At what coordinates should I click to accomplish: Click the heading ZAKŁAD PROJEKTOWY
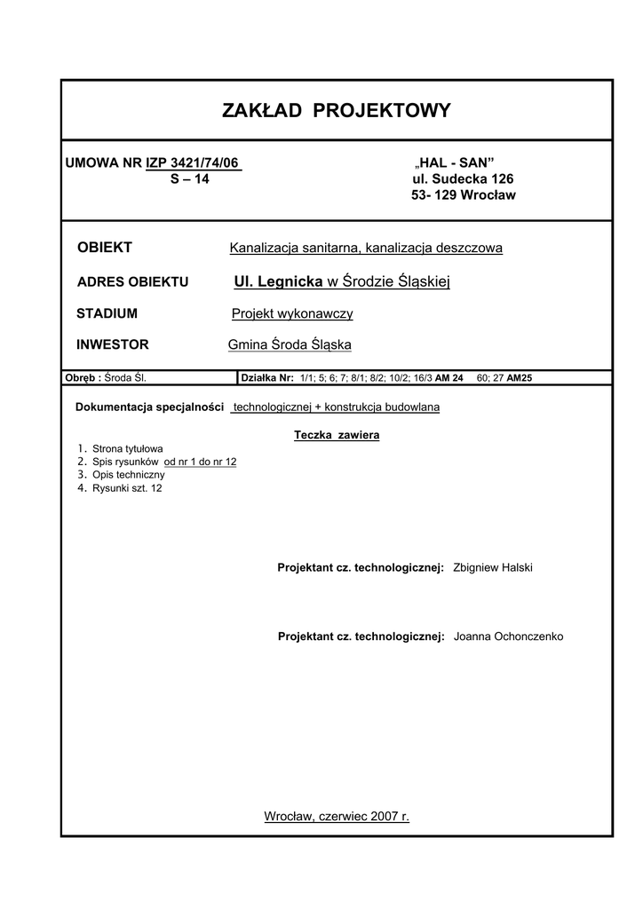pos(337,111)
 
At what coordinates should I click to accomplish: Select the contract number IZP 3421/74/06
pos(194,162)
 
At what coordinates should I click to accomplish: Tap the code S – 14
pos(190,178)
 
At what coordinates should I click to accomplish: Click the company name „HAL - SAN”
pos(455,162)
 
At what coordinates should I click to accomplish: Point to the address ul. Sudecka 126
pos(456,178)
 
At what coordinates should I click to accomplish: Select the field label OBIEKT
pos(105,248)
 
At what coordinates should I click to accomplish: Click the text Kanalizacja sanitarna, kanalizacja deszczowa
pos(366,248)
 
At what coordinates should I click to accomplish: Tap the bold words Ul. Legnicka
pos(278,281)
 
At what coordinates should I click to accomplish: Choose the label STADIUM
pos(107,313)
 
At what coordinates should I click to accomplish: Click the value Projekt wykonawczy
pos(292,313)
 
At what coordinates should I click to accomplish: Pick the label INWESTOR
pos(113,344)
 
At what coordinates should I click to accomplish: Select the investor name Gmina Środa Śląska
pos(290,344)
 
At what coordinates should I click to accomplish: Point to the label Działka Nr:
pos(267,377)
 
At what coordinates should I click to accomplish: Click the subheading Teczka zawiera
pos(337,436)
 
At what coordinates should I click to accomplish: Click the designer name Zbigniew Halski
pos(492,567)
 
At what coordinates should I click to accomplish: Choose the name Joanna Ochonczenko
pos(507,636)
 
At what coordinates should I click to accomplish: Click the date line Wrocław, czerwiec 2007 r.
pos(337,816)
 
